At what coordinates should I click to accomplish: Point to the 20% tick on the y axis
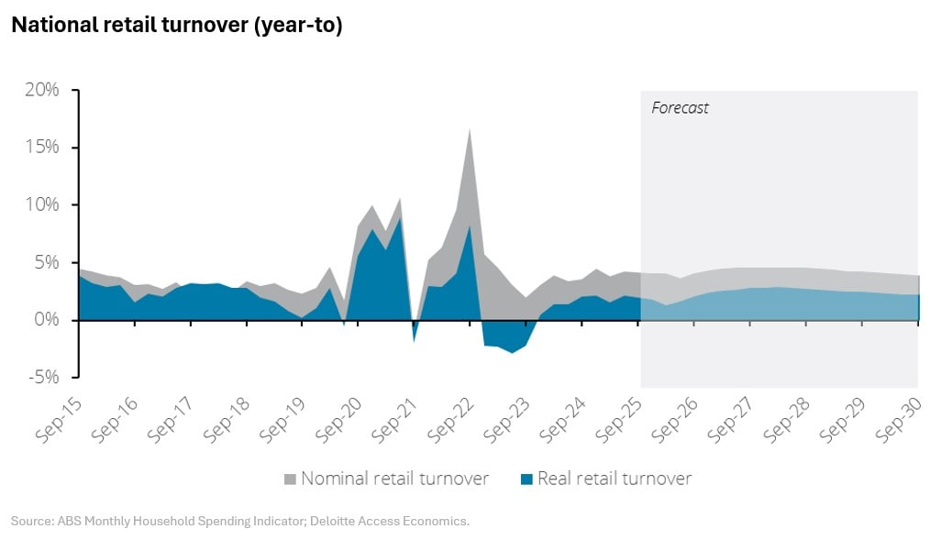pos(42,90)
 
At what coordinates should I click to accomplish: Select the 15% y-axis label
pos(42,148)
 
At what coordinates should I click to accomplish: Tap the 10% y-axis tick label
pos(42,204)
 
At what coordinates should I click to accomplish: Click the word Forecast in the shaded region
pos(680,108)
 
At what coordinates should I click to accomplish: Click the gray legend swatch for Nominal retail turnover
pos(290,479)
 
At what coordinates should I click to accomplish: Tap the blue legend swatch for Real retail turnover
pos(526,479)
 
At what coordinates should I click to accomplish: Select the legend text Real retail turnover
pos(614,479)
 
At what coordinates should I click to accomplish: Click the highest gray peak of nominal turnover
pos(470,129)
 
